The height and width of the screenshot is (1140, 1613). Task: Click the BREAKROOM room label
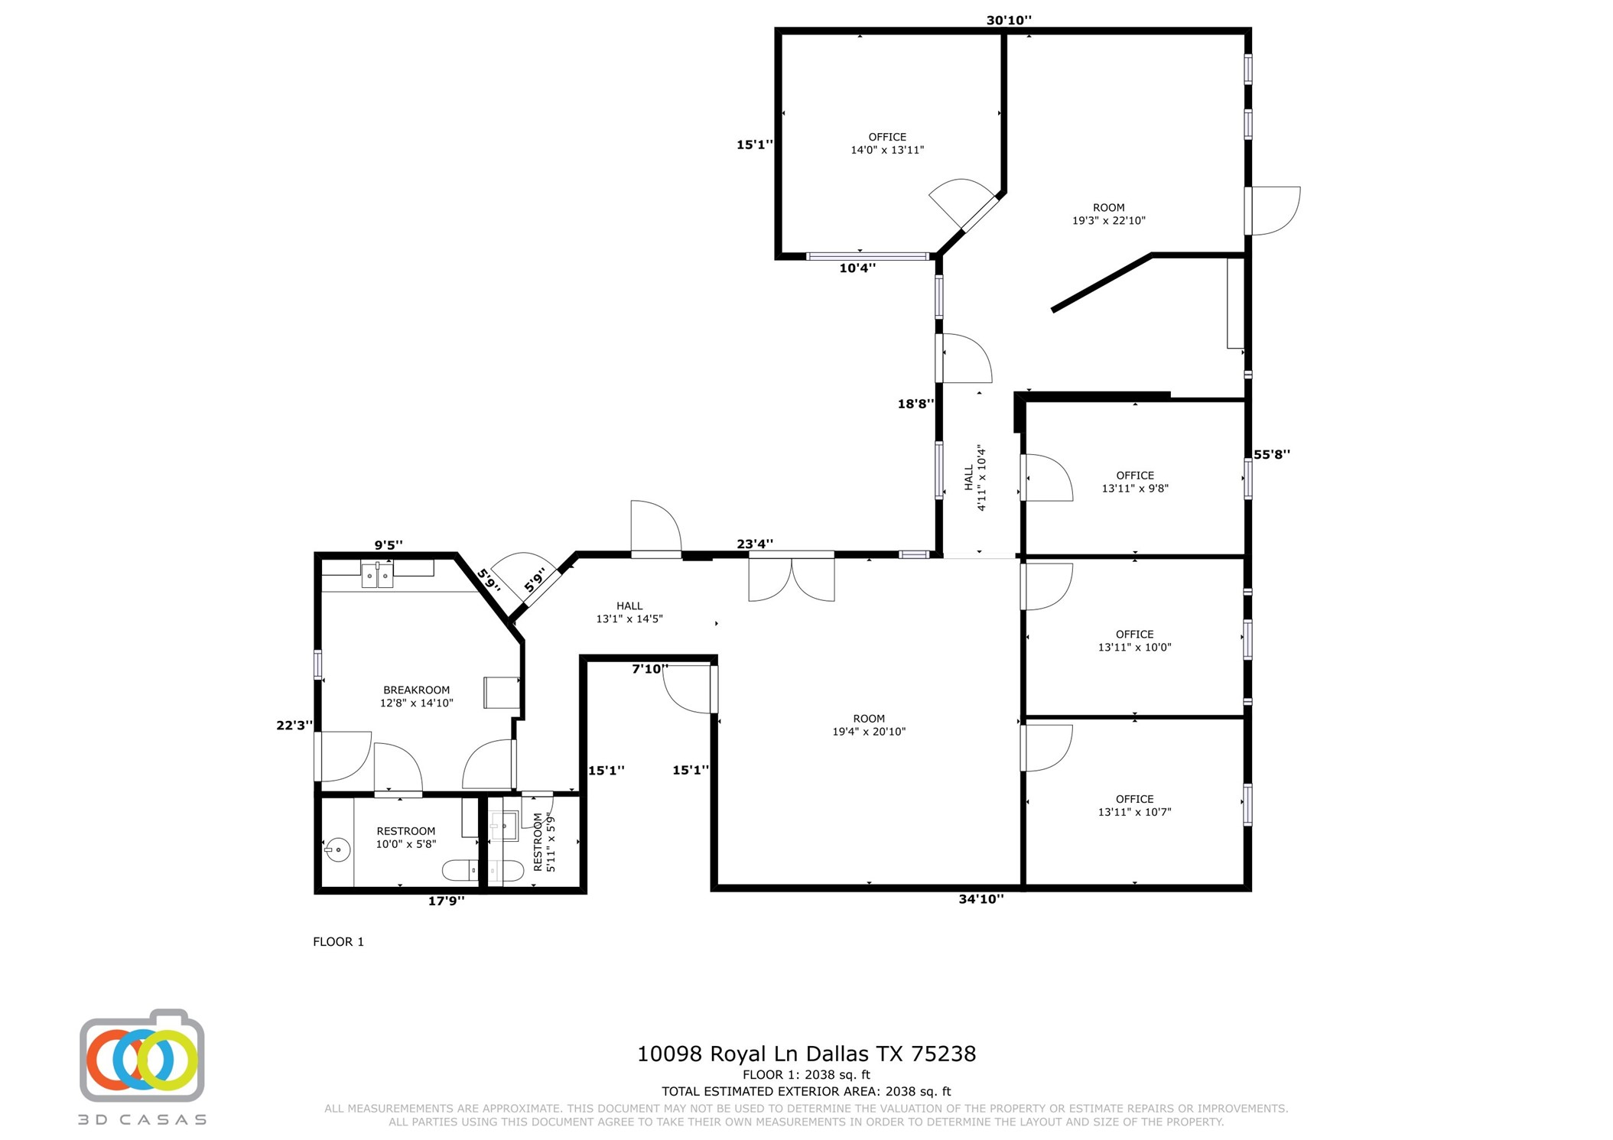coord(416,696)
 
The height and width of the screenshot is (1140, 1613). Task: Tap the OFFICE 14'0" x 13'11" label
coord(886,144)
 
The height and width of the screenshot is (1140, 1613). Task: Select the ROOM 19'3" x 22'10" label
coord(1107,214)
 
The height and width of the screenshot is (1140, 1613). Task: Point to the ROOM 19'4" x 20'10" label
coord(868,725)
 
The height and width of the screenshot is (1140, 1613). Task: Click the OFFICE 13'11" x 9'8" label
coord(1134,482)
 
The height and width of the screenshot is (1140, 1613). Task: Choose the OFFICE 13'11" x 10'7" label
coord(1134,805)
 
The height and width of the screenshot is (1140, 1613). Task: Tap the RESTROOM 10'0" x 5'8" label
coord(405,837)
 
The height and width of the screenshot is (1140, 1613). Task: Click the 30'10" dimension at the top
coord(1008,21)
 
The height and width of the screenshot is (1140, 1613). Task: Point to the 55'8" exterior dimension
coord(1271,454)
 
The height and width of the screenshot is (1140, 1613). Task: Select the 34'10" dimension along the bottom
coord(980,899)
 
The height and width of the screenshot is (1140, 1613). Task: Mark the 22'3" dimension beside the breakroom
coord(294,725)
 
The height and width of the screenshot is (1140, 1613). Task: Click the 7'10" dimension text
coord(649,669)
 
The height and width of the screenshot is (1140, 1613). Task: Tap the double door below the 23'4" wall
coord(791,578)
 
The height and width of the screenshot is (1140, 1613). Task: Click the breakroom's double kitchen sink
coord(377,575)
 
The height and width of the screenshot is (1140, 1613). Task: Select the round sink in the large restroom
coord(338,849)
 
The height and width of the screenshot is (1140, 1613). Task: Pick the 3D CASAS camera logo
coord(142,1057)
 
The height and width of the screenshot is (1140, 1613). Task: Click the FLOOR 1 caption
coord(338,941)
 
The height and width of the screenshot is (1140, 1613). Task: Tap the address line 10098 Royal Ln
coord(806,1054)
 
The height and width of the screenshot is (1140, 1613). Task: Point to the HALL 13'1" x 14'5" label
coord(629,612)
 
